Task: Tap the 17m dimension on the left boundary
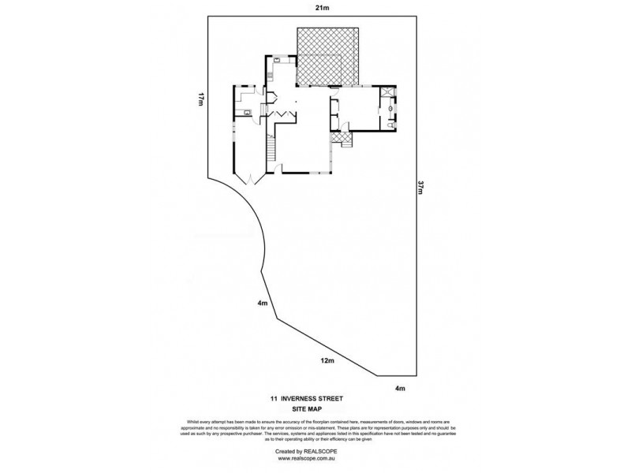202,99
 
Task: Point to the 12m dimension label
324,360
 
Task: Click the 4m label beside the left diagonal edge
260,304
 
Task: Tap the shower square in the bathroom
388,92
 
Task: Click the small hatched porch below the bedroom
341,139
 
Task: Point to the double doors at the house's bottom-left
251,179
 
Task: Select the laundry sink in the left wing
247,113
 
